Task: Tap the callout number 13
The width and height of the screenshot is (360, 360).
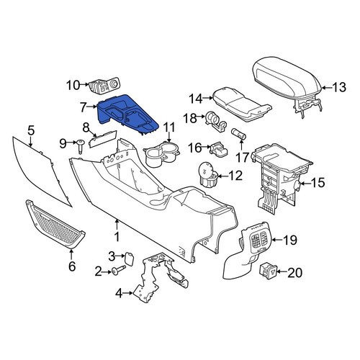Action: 339,87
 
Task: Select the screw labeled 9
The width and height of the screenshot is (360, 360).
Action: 80,145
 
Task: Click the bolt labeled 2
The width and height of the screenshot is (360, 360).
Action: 118,271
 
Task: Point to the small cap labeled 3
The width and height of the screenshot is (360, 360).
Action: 128,258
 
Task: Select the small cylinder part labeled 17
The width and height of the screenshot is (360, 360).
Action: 238,134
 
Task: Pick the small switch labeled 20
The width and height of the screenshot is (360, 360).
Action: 268,271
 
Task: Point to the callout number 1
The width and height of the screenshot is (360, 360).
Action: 117,237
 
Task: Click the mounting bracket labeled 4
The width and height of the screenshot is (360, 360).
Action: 160,276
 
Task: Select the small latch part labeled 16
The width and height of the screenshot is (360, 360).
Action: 218,148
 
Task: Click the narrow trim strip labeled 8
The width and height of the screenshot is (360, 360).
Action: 103,140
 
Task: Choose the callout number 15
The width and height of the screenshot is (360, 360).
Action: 318,183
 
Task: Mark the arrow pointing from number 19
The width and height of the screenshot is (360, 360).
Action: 277,240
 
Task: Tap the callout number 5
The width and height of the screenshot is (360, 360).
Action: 31,130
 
